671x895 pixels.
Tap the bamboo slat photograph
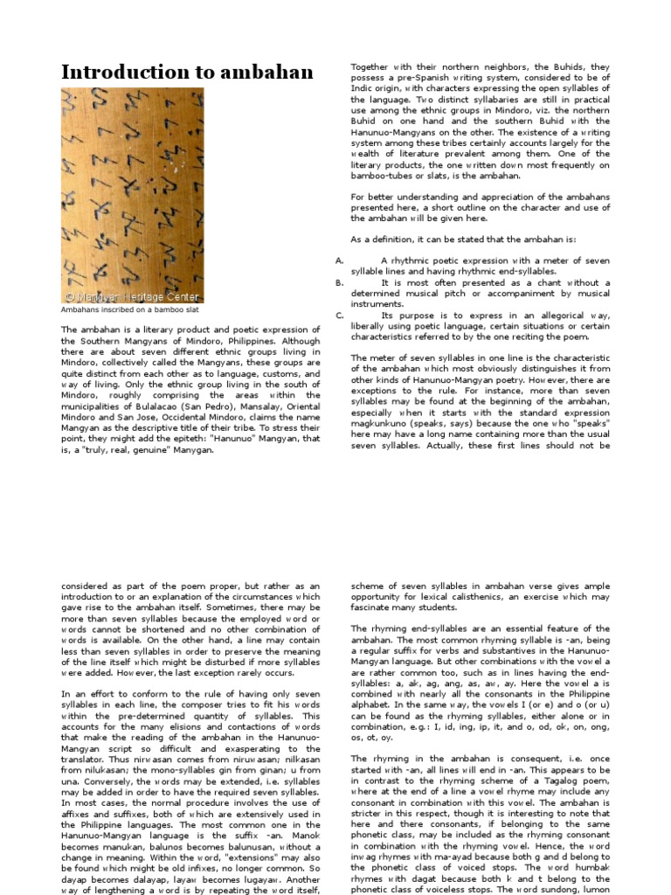coord(132,195)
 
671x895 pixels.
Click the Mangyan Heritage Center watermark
coord(132,297)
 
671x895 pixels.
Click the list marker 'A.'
coord(340,260)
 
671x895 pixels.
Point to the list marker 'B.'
coord(340,283)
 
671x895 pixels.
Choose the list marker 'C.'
coord(340,315)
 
